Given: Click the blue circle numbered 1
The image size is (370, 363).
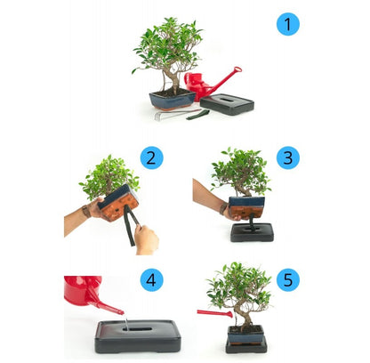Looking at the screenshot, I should click(287, 24).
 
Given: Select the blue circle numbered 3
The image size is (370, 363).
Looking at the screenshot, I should click(287, 158).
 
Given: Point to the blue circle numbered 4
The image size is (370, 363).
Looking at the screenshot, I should click(153, 280).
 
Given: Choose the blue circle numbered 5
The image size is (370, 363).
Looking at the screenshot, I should click(287, 280).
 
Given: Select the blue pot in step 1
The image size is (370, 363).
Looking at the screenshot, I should click(172, 99).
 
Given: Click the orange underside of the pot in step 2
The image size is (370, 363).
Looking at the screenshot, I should click(117, 207).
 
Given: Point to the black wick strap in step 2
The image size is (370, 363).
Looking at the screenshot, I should click(131, 227).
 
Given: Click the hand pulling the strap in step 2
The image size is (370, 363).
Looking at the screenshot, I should click(145, 238).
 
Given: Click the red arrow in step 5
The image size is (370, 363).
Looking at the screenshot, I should click(213, 313).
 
